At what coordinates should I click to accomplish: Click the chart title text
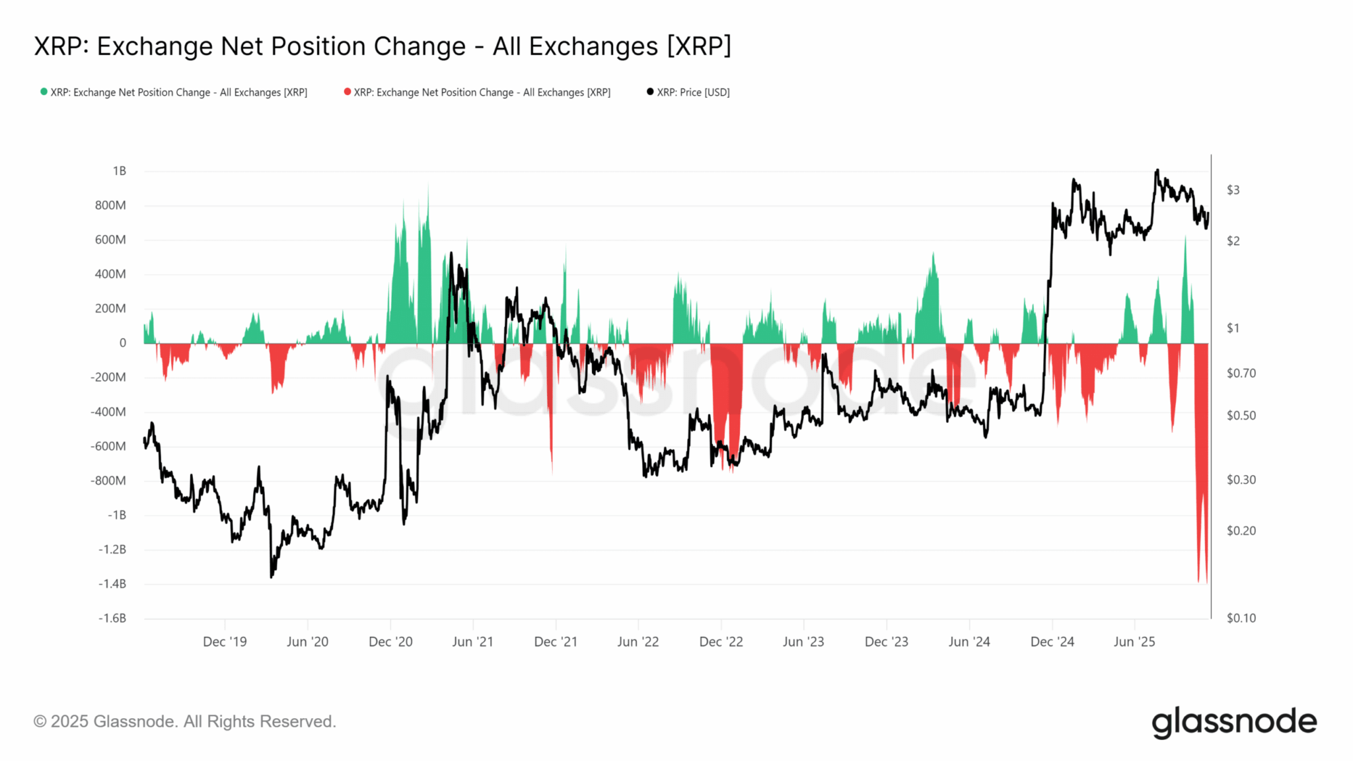(x=383, y=47)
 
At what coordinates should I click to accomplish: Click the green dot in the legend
(x=44, y=92)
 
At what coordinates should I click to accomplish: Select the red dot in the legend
(x=347, y=92)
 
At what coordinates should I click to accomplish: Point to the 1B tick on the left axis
(x=119, y=171)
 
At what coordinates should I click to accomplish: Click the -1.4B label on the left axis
(x=112, y=584)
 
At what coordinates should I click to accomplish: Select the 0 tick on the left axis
(x=122, y=343)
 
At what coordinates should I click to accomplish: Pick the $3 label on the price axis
(x=1233, y=190)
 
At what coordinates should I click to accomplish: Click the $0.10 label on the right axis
(x=1241, y=618)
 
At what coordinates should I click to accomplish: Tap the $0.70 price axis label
(x=1241, y=373)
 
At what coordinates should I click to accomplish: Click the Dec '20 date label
(x=390, y=642)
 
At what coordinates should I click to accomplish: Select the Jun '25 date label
(x=1134, y=642)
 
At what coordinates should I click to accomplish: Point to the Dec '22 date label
(x=721, y=642)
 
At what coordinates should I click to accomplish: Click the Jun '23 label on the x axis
(x=803, y=642)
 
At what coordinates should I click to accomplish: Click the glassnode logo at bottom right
(x=1234, y=722)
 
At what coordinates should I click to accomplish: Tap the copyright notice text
(x=185, y=721)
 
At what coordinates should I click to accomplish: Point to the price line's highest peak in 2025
(x=1157, y=170)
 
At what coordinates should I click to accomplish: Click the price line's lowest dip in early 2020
(x=272, y=577)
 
